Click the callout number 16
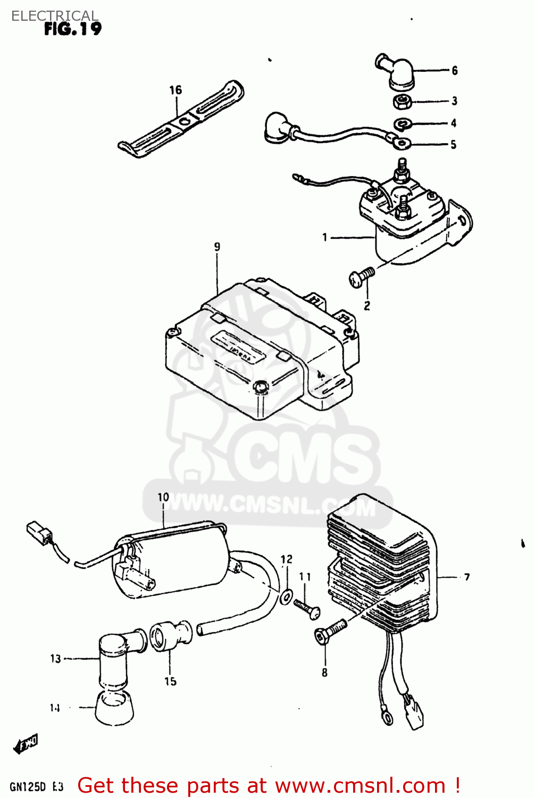(x=175, y=90)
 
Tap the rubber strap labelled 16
(x=181, y=121)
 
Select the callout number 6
(x=455, y=71)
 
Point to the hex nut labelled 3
(x=402, y=101)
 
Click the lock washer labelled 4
(x=402, y=124)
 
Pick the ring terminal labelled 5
(x=402, y=142)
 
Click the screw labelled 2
(x=361, y=277)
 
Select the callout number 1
(x=325, y=237)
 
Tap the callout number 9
(x=217, y=247)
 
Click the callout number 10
(x=163, y=497)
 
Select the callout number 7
(x=466, y=577)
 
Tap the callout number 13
(x=56, y=659)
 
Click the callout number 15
(x=170, y=681)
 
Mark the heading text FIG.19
(x=73, y=29)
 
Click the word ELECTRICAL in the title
(x=55, y=16)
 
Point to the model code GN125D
(x=28, y=787)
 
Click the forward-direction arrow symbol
(x=26, y=744)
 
